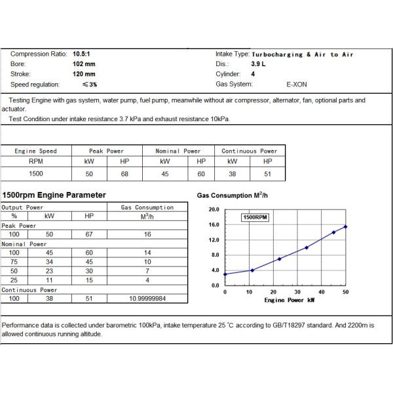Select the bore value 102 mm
[x=83, y=64]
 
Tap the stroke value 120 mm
[x=83, y=74]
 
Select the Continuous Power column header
[x=250, y=151]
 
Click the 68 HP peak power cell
[x=124, y=174]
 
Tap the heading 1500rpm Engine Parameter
[x=54, y=195]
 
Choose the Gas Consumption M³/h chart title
[x=232, y=196]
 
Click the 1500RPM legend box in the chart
[x=255, y=217]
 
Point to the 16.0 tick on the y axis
[x=214, y=225]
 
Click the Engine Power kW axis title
[x=289, y=300]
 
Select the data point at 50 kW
[x=345, y=227]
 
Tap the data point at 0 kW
[x=225, y=274]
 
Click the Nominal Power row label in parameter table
[x=23, y=244]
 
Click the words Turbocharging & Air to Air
[x=302, y=54]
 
